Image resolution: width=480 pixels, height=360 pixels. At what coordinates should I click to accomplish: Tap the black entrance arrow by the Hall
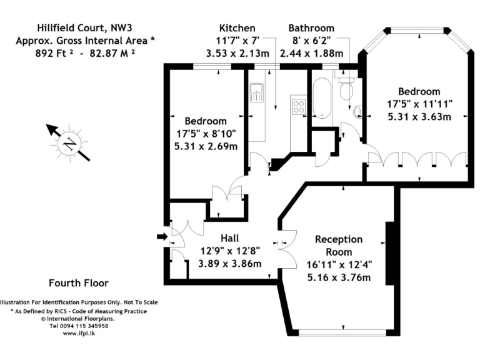click(x=161, y=236)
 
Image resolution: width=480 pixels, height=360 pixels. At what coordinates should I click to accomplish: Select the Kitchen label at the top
click(x=237, y=28)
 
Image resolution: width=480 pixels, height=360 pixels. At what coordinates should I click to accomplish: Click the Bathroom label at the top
click(x=311, y=28)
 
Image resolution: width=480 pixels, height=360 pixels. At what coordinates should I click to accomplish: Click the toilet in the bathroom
click(x=346, y=89)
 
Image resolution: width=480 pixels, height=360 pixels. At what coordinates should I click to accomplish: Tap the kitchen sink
click(x=256, y=94)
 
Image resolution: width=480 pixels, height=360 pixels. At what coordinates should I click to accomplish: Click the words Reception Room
click(x=338, y=246)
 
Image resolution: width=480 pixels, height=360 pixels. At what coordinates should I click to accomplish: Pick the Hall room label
click(x=229, y=238)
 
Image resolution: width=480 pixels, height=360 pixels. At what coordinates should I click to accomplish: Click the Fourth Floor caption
click(x=78, y=282)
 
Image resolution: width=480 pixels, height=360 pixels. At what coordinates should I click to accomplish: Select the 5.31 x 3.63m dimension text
click(x=419, y=116)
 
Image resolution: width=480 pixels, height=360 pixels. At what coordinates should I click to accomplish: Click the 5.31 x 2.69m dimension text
click(x=206, y=146)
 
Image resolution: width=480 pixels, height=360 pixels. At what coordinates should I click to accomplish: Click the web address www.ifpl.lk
click(x=79, y=334)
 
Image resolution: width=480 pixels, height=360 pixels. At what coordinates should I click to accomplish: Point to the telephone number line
click(x=79, y=326)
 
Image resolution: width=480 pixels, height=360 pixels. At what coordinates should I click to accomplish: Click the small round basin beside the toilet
click(x=357, y=112)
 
